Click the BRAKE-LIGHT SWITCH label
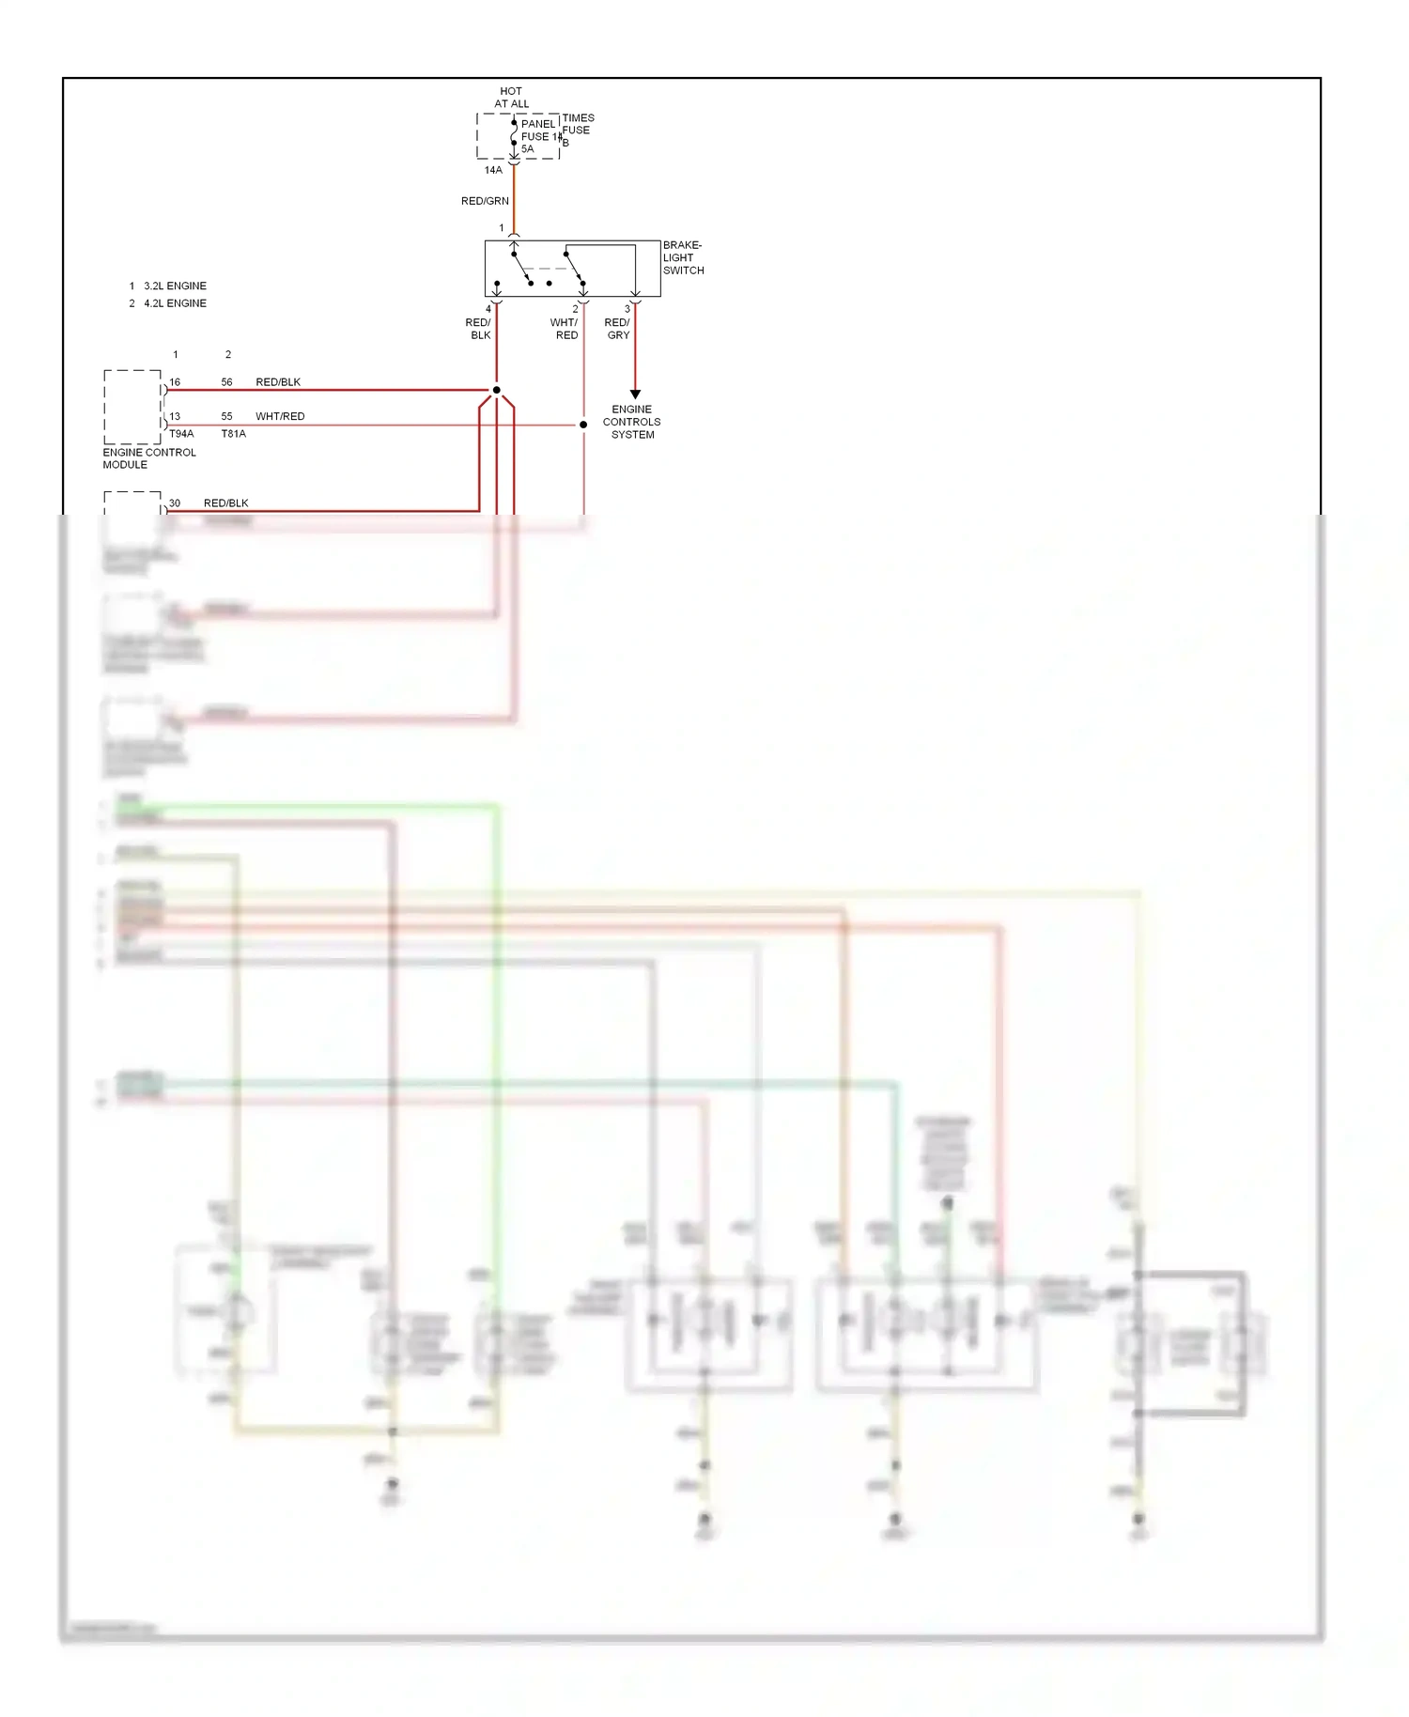click(x=683, y=257)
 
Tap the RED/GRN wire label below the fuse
click(x=485, y=201)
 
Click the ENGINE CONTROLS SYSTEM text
click(x=632, y=422)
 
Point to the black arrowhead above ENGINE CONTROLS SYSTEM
click(x=635, y=394)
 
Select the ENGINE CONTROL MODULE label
click(x=149, y=458)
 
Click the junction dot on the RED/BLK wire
click(x=497, y=390)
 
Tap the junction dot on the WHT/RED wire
click(x=583, y=425)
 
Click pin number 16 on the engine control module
click(x=175, y=382)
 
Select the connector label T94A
click(x=181, y=434)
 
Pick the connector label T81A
click(x=234, y=434)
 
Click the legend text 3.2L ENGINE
click(x=175, y=286)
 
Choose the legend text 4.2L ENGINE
click(x=175, y=303)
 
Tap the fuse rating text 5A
click(x=528, y=149)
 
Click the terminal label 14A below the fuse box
click(x=493, y=170)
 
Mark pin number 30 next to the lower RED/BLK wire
click(x=175, y=503)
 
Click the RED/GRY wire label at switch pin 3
click(x=617, y=329)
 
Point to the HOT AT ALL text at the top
click(x=512, y=98)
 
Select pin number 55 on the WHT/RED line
click(x=226, y=416)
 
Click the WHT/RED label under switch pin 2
click(x=565, y=329)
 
